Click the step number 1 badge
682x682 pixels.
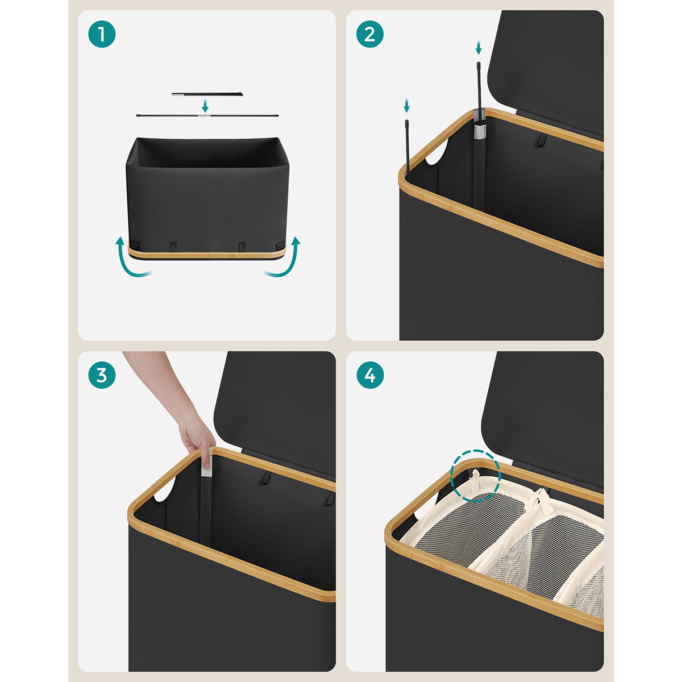click(102, 34)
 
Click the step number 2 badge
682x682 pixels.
click(370, 34)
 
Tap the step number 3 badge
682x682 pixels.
click(102, 375)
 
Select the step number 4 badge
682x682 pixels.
click(370, 375)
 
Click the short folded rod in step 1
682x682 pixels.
click(207, 94)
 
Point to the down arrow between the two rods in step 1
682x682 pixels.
click(205, 106)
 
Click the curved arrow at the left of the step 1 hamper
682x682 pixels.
click(131, 257)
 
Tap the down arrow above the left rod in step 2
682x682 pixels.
click(407, 106)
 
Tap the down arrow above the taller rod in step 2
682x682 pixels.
click(479, 48)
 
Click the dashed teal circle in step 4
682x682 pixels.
click(475, 476)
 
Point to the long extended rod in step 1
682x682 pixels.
click(207, 115)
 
